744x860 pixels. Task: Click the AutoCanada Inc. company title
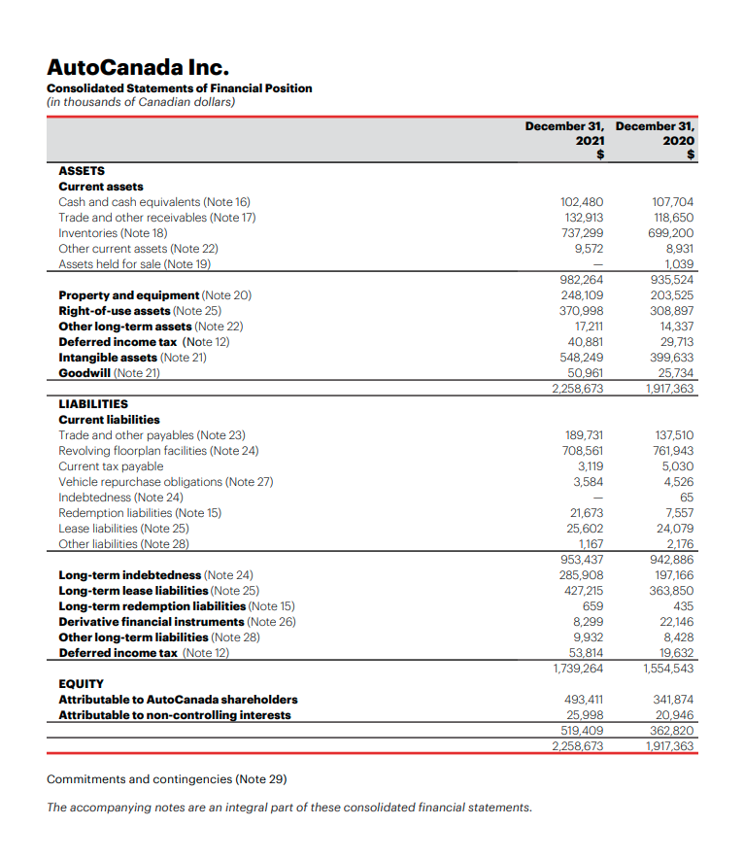click(x=137, y=67)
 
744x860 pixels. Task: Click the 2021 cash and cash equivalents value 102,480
click(x=583, y=202)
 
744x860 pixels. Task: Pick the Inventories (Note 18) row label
click(x=113, y=233)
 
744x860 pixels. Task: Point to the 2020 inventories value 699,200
click(x=672, y=233)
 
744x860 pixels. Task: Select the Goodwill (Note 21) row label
click(x=109, y=373)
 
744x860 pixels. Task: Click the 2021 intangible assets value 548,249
click(x=583, y=358)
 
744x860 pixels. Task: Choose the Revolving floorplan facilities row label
click(x=158, y=451)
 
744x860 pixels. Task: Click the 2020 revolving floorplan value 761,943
click(x=672, y=451)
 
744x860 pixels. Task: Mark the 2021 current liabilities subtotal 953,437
click(x=583, y=560)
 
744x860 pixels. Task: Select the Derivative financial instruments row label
click(x=177, y=622)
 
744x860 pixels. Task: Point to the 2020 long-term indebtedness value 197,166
click(x=672, y=575)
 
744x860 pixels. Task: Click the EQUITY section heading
click(x=81, y=683)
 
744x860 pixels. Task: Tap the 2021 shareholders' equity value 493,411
click(x=584, y=700)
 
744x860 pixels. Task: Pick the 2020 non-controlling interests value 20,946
click(x=673, y=715)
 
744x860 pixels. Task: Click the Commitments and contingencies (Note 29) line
click(x=166, y=779)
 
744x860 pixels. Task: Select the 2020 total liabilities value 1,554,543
click(x=669, y=669)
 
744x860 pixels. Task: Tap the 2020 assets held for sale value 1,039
click(x=678, y=264)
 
